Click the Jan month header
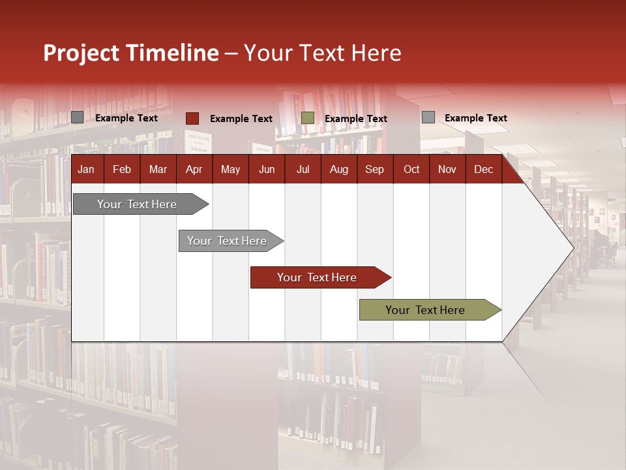[86, 170]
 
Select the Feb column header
[122, 170]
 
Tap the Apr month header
[194, 170]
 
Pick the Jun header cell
[267, 170]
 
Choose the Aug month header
[338, 170]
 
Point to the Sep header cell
[374, 170]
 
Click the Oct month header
[411, 170]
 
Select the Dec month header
[483, 170]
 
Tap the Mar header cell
[158, 170]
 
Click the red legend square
[192, 118]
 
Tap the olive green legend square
[308, 118]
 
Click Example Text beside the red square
[241, 119]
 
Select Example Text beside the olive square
[355, 119]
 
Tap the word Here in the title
[376, 53]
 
